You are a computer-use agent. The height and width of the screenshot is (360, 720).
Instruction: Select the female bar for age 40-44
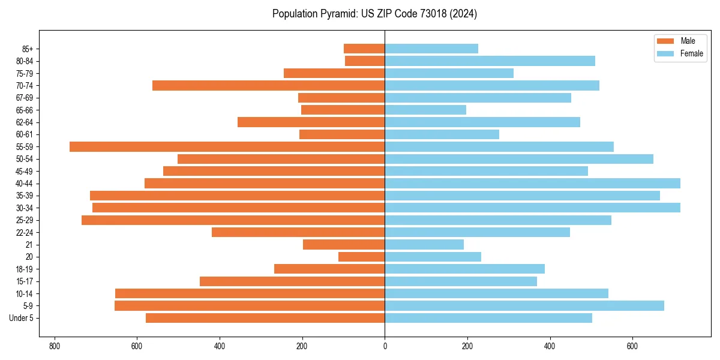pyautogui.click(x=532, y=183)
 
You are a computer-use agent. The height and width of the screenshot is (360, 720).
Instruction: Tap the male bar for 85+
pyautogui.click(x=364, y=49)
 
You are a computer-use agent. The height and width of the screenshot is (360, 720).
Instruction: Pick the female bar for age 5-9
pyautogui.click(x=524, y=305)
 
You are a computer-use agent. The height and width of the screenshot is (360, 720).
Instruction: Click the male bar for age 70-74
pyautogui.click(x=268, y=85)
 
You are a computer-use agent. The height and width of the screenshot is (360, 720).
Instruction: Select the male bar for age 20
pyautogui.click(x=362, y=257)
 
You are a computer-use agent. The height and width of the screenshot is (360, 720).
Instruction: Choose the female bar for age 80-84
pyautogui.click(x=490, y=61)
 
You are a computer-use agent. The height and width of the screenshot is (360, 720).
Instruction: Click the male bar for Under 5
pyautogui.click(x=265, y=318)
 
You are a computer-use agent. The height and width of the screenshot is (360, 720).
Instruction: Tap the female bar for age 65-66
pyautogui.click(x=425, y=110)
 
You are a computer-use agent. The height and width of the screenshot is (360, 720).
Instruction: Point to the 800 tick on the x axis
pyautogui.click(x=55, y=347)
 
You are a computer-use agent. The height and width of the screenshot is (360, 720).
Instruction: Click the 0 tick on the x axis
pyautogui.click(x=385, y=347)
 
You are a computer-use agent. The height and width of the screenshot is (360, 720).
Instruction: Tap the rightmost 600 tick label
pyautogui.click(x=632, y=347)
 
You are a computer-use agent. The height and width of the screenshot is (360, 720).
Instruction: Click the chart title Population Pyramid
pyautogui.click(x=374, y=14)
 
